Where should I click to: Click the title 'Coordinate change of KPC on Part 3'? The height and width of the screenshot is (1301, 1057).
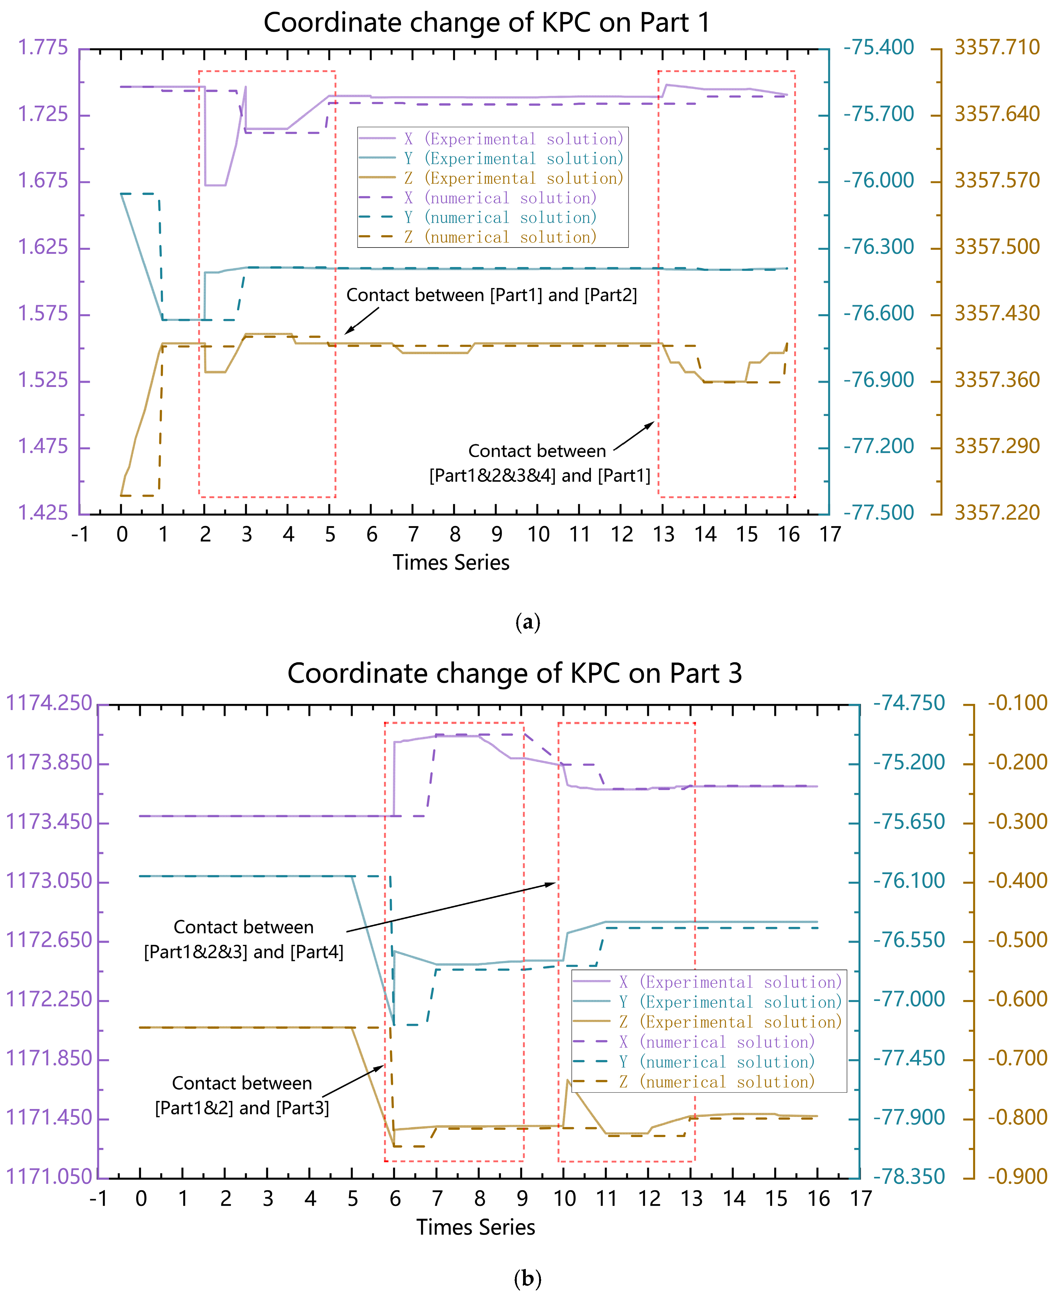[x=515, y=673]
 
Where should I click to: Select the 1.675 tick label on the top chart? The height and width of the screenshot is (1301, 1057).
[x=43, y=181]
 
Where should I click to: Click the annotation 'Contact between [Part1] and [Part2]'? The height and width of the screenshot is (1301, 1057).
[x=491, y=295]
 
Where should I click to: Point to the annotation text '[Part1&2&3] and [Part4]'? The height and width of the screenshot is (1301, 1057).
[x=244, y=951]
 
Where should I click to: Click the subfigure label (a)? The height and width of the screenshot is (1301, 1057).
[x=527, y=622]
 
